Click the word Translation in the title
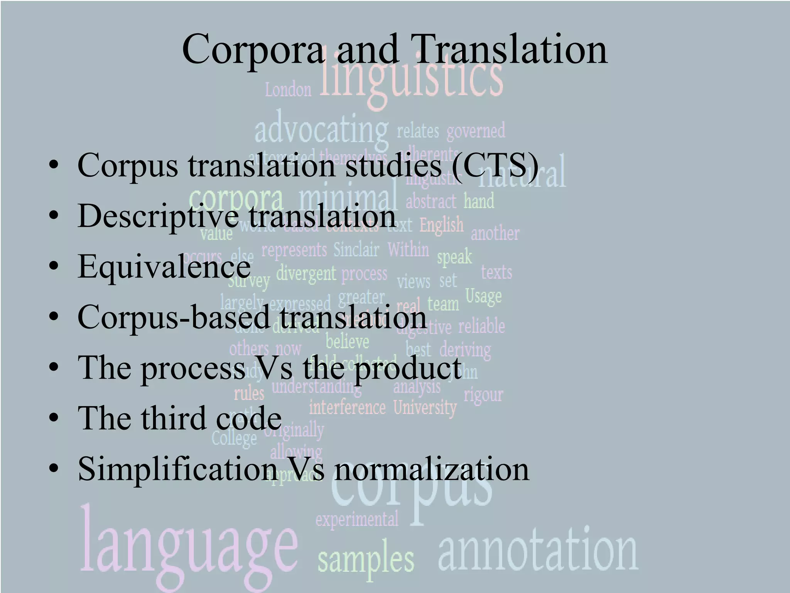(511, 49)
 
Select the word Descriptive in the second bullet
(158, 216)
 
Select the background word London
(288, 90)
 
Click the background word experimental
(357, 519)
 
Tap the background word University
(425, 408)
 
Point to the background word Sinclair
(356, 250)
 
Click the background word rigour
(483, 395)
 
